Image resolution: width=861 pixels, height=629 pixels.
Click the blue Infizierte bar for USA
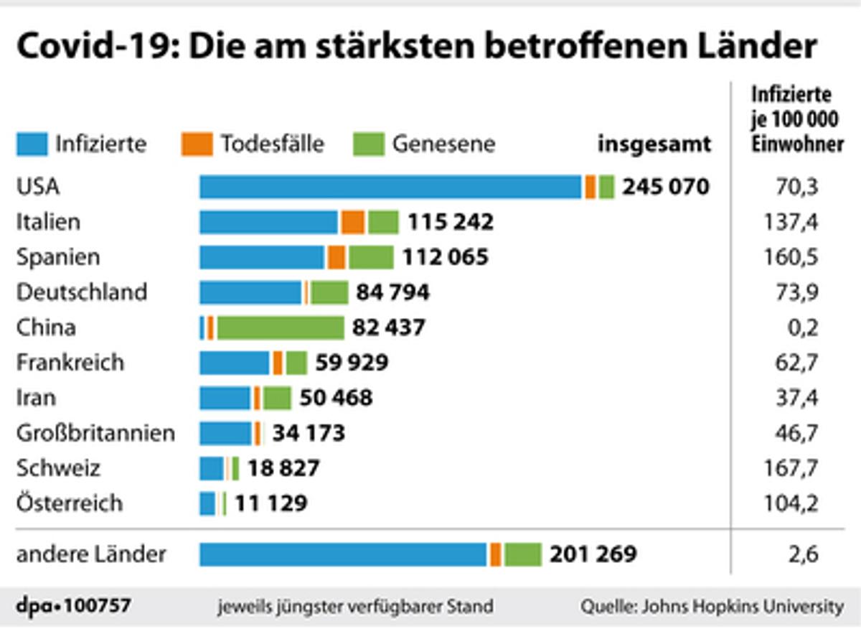point(390,187)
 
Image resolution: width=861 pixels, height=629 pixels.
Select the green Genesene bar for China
point(281,327)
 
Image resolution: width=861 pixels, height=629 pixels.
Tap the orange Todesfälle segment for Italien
point(352,222)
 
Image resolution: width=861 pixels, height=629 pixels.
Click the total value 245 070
point(665,187)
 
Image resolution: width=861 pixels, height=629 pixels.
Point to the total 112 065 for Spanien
point(445,257)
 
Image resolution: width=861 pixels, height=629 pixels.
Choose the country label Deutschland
point(81,292)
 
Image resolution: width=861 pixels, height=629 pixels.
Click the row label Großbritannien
point(95,433)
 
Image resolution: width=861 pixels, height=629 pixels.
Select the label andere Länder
point(91,554)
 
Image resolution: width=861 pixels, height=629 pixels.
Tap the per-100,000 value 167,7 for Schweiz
point(791,468)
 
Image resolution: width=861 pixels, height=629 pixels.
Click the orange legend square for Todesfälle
point(197,144)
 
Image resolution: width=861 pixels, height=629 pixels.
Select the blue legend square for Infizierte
point(32,144)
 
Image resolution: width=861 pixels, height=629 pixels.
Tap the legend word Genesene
point(443,144)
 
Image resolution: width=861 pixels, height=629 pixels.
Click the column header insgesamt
point(654,144)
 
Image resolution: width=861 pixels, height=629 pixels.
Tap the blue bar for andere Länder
point(343,554)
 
